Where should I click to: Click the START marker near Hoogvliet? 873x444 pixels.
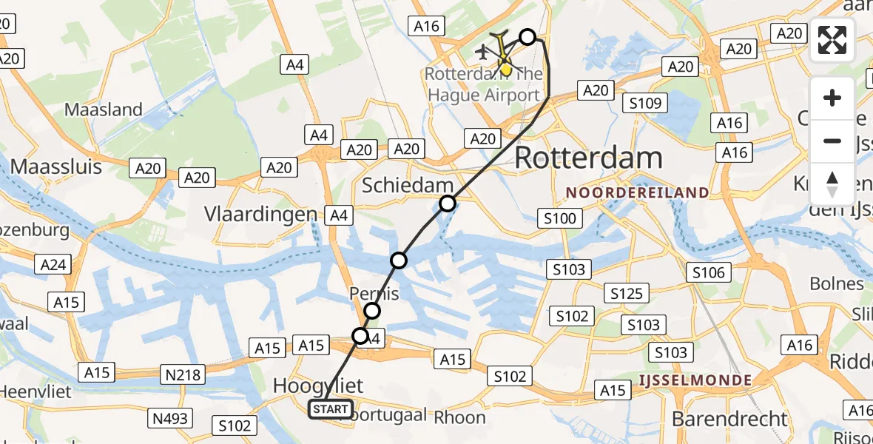tap(331, 409)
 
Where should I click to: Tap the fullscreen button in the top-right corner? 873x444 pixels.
tap(832, 40)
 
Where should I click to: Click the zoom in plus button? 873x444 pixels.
tap(832, 98)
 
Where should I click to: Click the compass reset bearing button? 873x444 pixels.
tap(832, 184)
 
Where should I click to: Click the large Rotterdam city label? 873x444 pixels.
tap(588, 158)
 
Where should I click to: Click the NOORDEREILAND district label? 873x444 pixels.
tap(637, 192)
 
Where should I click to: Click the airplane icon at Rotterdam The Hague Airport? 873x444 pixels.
tap(484, 52)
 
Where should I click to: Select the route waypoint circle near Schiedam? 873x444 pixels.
tap(447, 203)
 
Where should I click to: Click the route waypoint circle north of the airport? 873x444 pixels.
tap(527, 37)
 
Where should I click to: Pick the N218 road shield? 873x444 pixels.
tap(183, 374)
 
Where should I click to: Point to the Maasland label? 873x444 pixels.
tap(104, 110)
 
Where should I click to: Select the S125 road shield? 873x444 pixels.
tap(626, 294)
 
